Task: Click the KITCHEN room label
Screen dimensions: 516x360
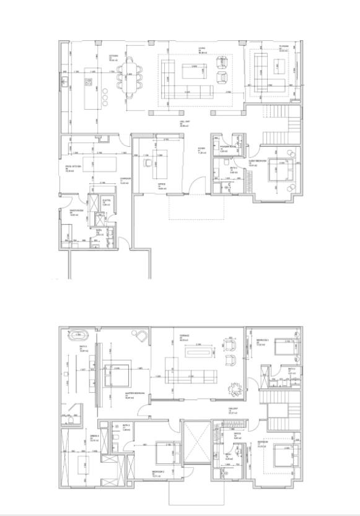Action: coord(113,57)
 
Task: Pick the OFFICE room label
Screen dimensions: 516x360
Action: coord(161,185)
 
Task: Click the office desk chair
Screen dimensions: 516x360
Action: coord(147,162)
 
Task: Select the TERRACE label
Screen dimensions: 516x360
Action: coord(183,336)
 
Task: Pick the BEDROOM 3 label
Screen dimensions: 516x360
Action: coord(261,341)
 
